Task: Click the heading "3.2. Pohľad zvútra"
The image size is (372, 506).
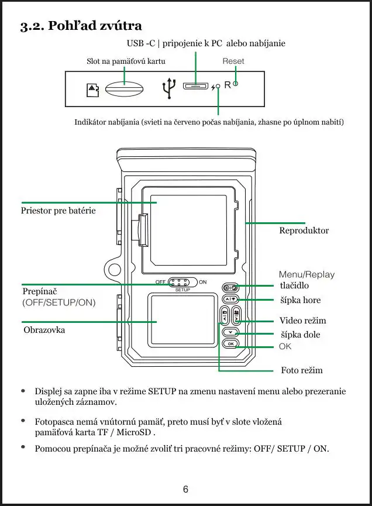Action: [x=81, y=26]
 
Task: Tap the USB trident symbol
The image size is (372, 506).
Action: [x=168, y=88]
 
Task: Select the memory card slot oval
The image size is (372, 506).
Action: [x=124, y=88]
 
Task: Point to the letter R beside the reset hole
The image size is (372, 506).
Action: [x=228, y=86]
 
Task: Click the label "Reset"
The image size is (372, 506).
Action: [x=233, y=61]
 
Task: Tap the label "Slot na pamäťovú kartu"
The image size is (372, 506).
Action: [x=126, y=61]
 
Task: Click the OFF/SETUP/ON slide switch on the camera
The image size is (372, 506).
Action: [x=182, y=283]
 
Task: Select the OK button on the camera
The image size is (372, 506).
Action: [x=231, y=344]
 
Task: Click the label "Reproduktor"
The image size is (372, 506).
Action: [x=304, y=230]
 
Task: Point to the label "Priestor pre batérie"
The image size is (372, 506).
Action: [x=58, y=211]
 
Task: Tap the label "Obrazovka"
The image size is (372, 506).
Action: [x=44, y=330]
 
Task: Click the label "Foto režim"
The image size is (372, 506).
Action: [x=302, y=370]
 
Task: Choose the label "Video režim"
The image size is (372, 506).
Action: [x=302, y=321]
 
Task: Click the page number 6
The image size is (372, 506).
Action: [x=185, y=489]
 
